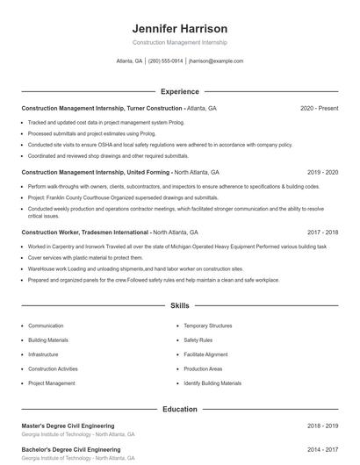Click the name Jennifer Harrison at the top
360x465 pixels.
[x=179, y=29]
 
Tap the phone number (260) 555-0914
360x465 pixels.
[x=165, y=61]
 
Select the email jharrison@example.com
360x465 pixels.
[x=215, y=61]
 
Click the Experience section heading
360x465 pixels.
[x=179, y=91]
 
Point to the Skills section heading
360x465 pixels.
[x=179, y=306]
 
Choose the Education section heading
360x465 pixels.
[x=179, y=409]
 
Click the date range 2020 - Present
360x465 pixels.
[x=319, y=108]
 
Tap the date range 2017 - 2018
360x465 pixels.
[x=322, y=232]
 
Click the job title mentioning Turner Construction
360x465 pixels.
[x=102, y=108]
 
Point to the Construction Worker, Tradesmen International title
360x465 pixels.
[x=85, y=232]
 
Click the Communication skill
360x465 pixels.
[x=46, y=325]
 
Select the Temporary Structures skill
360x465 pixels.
[x=208, y=325]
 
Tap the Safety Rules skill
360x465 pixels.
[x=198, y=340]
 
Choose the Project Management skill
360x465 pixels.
[x=51, y=383]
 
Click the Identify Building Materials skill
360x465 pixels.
[x=212, y=383]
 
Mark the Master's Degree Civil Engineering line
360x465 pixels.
[x=68, y=426]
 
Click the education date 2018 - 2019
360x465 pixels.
[x=322, y=426]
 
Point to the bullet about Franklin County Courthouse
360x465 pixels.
[x=123, y=197]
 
